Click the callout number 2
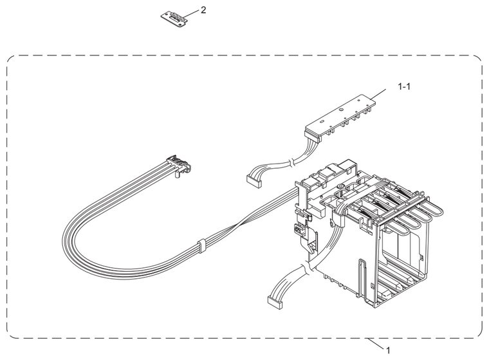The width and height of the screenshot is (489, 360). pos(203,10)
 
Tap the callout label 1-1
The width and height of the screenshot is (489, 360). pos(404,86)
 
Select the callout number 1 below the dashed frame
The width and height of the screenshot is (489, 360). pos(388,350)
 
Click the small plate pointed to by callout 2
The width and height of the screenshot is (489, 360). pos(174,19)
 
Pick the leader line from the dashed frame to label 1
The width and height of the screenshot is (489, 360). pos(376,344)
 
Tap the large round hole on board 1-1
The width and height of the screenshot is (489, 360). pos(342,109)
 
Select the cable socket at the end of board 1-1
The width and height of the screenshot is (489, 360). pos(312,137)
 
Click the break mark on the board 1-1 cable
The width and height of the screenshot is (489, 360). pos(291,163)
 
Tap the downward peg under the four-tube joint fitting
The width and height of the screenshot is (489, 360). pos(176,175)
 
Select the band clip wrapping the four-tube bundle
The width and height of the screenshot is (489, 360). pos(201,245)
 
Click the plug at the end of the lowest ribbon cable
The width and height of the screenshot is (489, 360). pos(275,302)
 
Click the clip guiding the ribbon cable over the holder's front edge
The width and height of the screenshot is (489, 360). pos(338,218)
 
